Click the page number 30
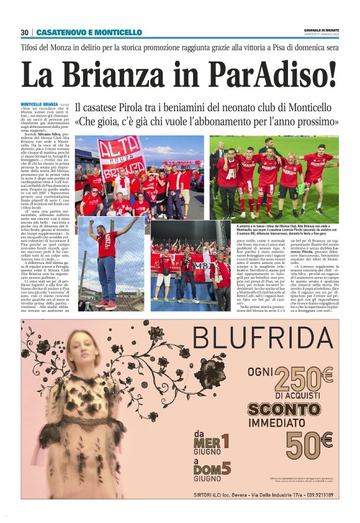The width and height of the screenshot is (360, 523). click(x=25, y=32)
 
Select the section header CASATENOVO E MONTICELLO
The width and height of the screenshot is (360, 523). click(x=89, y=32)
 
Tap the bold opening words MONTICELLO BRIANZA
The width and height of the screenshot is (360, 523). click(x=39, y=104)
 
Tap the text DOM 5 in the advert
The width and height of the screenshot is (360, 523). click(x=214, y=469)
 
